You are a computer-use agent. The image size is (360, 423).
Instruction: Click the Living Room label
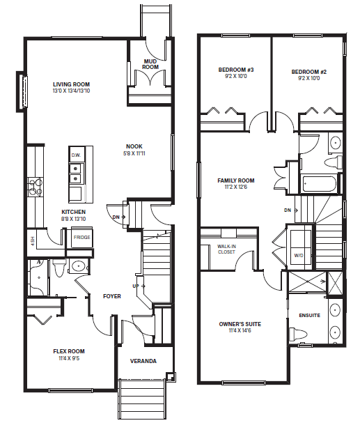(71, 84)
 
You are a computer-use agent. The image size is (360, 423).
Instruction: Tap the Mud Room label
(150, 64)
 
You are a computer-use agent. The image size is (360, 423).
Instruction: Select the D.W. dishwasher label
(76, 155)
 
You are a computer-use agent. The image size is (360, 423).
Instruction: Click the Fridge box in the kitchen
(82, 238)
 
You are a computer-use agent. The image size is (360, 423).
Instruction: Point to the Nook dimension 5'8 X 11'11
(134, 153)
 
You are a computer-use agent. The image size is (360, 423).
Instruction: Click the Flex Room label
(69, 351)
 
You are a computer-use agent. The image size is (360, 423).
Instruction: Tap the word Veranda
(143, 361)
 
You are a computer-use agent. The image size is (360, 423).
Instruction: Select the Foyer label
(112, 296)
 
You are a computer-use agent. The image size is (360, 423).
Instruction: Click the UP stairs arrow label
(139, 286)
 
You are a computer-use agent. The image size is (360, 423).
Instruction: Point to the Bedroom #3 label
(236, 70)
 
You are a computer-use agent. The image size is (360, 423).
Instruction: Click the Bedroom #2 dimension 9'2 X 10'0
(309, 79)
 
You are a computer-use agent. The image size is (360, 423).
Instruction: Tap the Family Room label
(236, 180)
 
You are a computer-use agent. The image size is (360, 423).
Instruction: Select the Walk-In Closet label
(226, 249)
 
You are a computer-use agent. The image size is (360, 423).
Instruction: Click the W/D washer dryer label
(299, 255)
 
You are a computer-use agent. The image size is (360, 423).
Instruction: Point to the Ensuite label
(310, 315)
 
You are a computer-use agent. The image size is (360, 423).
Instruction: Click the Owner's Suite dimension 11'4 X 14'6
(240, 331)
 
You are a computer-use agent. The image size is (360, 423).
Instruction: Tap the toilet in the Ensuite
(298, 334)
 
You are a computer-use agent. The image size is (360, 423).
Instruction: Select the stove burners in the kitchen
(36, 186)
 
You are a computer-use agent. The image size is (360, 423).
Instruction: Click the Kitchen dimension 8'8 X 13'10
(74, 219)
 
